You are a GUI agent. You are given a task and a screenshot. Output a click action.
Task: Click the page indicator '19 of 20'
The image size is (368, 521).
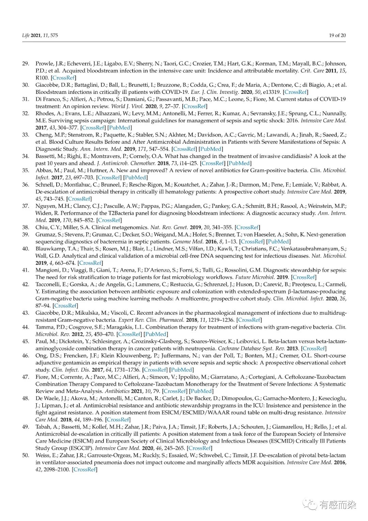coord(337,35)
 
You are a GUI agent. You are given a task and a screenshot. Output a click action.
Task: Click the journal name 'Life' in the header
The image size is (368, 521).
coord(26,35)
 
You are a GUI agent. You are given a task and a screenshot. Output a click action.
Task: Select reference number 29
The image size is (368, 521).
coord(26,63)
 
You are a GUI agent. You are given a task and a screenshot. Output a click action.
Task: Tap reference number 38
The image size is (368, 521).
coord(26,227)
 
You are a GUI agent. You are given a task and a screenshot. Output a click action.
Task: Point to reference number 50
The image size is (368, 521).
coord(26,455)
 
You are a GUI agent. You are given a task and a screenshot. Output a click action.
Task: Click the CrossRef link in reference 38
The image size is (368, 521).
coord(248,227)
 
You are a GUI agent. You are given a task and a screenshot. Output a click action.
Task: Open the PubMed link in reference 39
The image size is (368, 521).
coord(278,242)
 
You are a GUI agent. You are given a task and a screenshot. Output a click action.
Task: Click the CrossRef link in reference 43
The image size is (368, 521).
coord(249,320)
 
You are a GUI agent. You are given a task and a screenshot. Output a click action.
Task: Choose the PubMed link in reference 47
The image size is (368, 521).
coord(201,391)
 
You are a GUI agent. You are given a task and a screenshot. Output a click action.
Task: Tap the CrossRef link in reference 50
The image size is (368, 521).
coord(85,469)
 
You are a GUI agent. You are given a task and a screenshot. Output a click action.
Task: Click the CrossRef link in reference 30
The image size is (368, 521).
coord(296,92)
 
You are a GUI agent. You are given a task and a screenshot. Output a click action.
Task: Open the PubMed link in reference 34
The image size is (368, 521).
coord(239,163)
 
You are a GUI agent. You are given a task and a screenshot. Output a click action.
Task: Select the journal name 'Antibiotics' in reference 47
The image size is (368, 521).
coord(118,391)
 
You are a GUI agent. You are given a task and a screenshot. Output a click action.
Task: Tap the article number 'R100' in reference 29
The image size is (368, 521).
coord(42,78)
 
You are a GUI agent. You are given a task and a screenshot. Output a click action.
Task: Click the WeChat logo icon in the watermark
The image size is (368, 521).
coord(310,504)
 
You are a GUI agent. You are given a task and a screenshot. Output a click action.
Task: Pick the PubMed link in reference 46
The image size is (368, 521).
coord(182,370)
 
